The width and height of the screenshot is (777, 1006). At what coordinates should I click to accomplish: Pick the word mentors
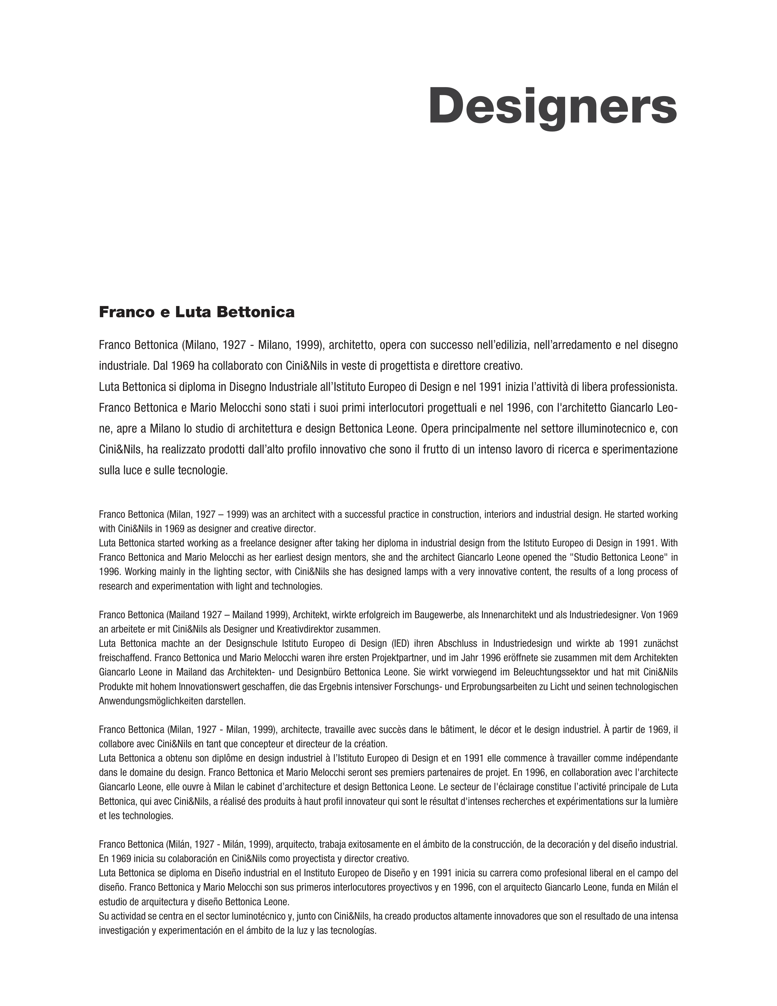[x=349, y=557]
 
